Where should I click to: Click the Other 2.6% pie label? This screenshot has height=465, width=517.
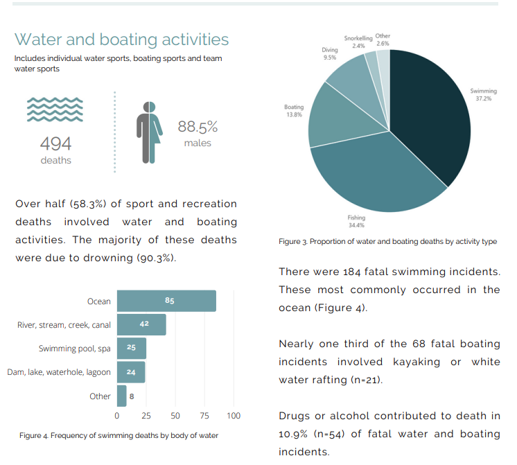coord(383,40)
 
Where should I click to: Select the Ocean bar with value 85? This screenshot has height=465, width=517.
coord(166,301)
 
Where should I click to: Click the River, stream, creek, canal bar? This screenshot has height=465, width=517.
coord(141,324)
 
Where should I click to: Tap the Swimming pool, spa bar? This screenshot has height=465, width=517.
coord(131,349)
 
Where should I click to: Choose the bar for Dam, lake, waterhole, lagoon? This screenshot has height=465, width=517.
coord(130,372)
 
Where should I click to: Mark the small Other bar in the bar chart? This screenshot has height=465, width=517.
coord(121,396)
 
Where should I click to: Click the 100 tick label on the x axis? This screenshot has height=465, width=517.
coord(234,416)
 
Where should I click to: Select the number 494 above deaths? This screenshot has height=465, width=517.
coord(55,143)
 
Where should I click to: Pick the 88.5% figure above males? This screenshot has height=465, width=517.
coord(198,127)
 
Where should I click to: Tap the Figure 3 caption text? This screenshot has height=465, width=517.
coord(387,241)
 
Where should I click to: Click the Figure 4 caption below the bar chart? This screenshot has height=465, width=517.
coord(119,435)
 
